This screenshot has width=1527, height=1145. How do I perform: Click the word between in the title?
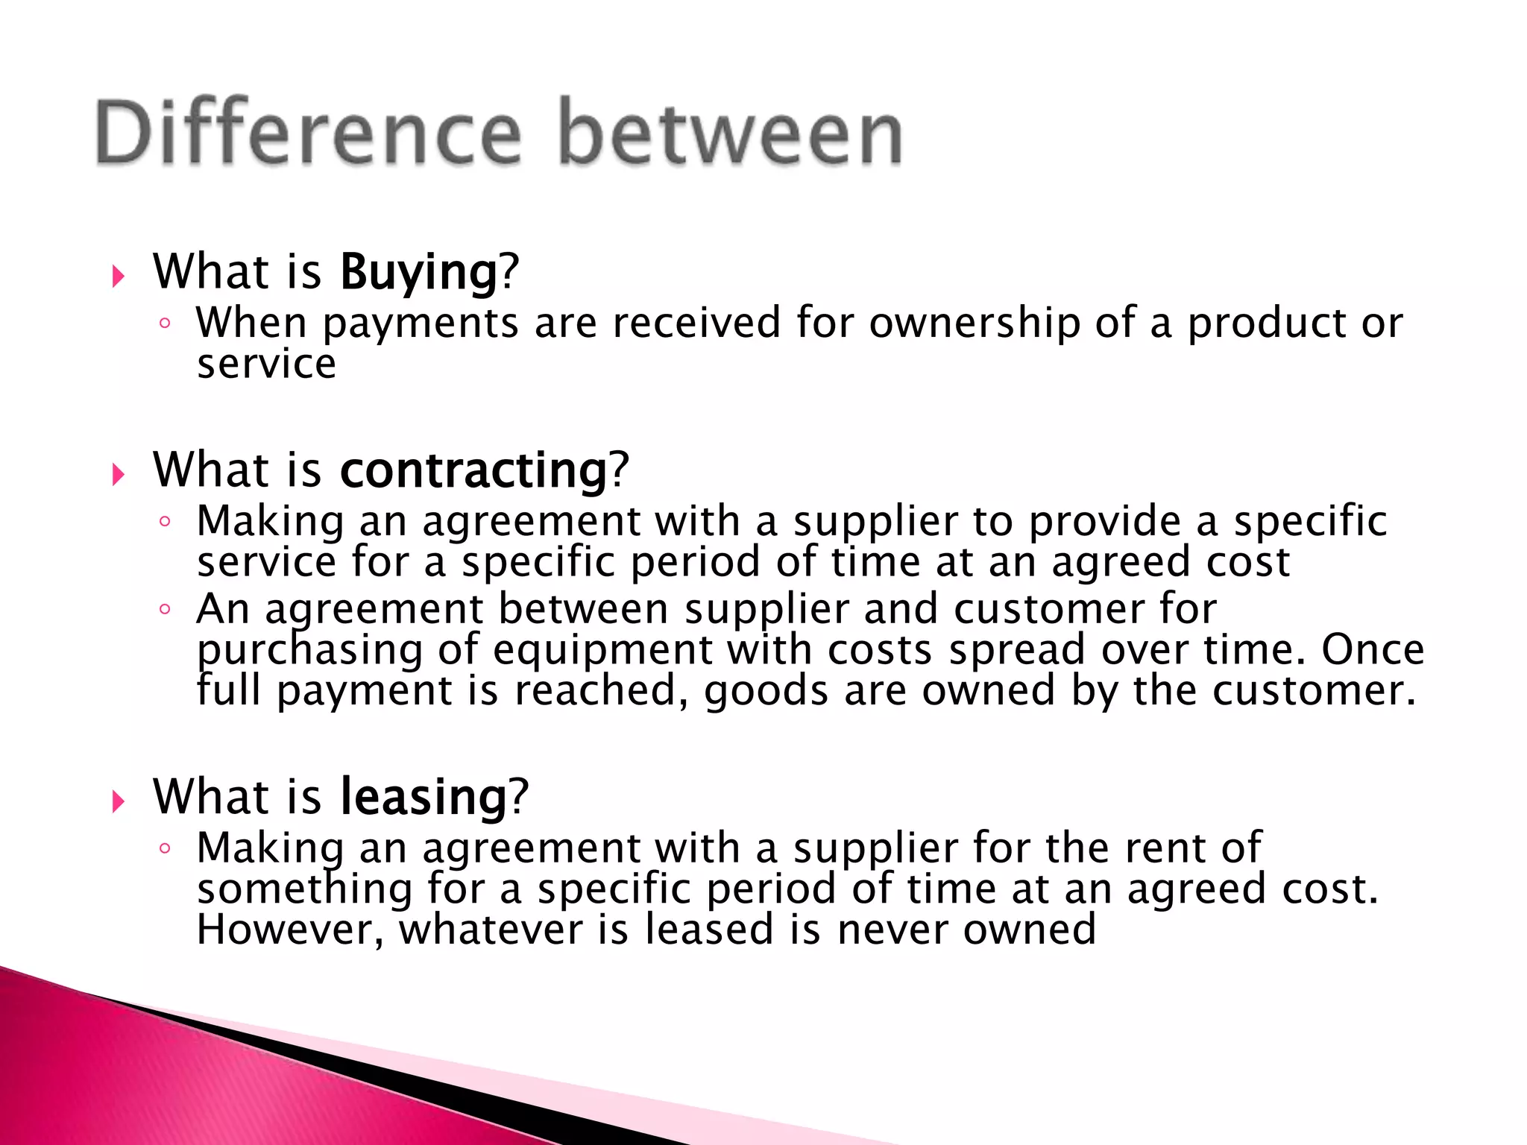731,133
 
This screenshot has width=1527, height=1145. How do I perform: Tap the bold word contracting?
474,470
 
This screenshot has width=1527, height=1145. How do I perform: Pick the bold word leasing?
424,797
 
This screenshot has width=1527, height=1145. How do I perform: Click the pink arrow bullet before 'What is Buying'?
118,277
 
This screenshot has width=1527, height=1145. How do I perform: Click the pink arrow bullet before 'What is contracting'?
118,475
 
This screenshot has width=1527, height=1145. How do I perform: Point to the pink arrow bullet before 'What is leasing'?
118,802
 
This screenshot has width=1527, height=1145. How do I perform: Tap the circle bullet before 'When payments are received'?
166,324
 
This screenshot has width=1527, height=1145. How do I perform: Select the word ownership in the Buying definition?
975,324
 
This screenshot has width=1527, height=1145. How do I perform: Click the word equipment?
602,650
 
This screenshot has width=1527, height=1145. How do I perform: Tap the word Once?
1373,650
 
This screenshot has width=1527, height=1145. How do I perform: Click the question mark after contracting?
620,470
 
